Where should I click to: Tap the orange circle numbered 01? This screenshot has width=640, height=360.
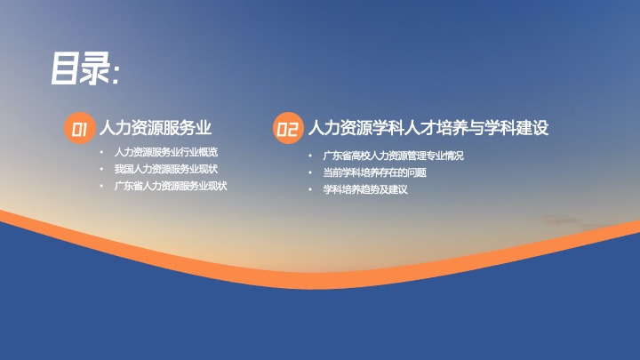pyautogui.click(x=80, y=128)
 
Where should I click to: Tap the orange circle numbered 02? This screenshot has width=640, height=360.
pyautogui.click(x=288, y=128)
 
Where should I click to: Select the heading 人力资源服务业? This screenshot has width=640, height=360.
pyautogui.click(x=155, y=128)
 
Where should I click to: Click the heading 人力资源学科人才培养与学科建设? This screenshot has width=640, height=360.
pyautogui.click(x=428, y=128)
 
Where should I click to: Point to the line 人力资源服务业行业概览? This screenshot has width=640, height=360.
pyautogui.click(x=165, y=152)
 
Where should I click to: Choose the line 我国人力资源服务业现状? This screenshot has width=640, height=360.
pyautogui.click(x=165, y=169)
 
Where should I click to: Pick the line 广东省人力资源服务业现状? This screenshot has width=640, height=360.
pyautogui.click(x=171, y=186)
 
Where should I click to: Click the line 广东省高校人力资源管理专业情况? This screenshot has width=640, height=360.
pyautogui.click(x=393, y=156)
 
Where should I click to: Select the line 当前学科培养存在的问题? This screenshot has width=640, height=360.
pyautogui.click(x=375, y=172)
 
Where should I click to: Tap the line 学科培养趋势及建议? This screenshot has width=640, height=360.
pyautogui.click(x=365, y=189)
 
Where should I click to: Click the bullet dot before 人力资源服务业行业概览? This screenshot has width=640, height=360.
pyautogui.click(x=101, y=152)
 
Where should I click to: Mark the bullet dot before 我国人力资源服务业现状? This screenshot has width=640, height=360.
pyautogui.click(x=101, y=169)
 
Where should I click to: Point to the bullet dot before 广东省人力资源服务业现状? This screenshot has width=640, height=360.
pyautogui.click(x=101, y=186)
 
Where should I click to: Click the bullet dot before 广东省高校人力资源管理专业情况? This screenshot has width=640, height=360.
pyautogui.click(x=310, y=156)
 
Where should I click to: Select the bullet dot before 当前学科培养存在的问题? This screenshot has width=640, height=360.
pyautogui.click(x=310, y=172)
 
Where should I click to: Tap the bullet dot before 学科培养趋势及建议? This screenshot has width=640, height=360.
pyautogui.click(x=310, y=189)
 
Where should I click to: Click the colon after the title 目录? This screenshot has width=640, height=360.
pyautogui.click(x=115, y=74)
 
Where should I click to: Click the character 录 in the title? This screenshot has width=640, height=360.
pyautogui.click(x=95, y=68)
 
